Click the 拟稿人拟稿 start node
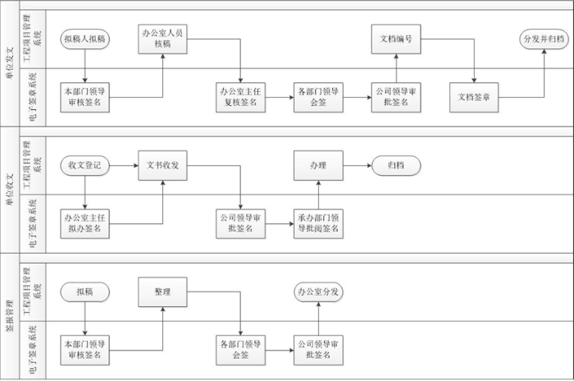pos(85,39)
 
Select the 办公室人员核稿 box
pos(162,39)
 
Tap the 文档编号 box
pos(396,39)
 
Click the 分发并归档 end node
pos(543,39)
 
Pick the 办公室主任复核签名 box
pos(240,97)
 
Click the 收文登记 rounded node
pos(85,166)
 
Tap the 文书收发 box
pos(162,166)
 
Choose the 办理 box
pos(318,166)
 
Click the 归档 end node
pos(396,166)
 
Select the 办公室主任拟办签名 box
pos(85,223)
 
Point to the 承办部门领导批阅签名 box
pos(318,223)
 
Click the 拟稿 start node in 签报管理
pos(85,291)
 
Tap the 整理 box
pos(162,291)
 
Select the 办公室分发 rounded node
pos(318,291)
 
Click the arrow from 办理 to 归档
pos(357,166)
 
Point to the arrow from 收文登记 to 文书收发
pos(124,166)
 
